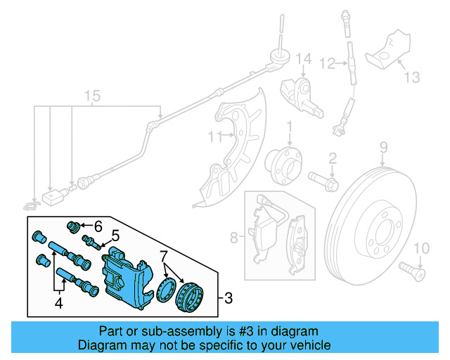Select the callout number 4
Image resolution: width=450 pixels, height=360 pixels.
click(59, 304)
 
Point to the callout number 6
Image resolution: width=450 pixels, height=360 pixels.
click(98, 226)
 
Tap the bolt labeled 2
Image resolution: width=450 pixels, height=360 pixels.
click(325, 181)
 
